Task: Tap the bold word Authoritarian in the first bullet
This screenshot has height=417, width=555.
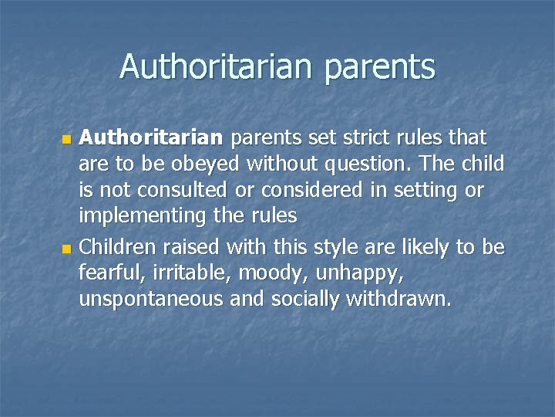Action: click(151, 138)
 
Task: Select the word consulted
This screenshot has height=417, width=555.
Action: click(188, 191)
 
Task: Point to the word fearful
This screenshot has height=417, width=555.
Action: click(105, 273)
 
